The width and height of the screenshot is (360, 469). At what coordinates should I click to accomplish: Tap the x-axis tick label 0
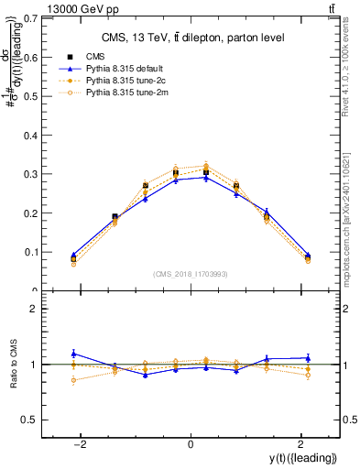point(190,444)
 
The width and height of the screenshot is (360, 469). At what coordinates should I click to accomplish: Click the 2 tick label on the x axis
point(300,444)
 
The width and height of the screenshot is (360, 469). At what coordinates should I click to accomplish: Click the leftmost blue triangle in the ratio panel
point(73,354)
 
